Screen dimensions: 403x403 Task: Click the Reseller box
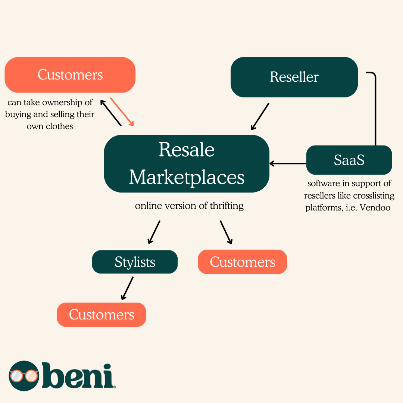(294, 77)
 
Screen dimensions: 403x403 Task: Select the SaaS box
(349, 160)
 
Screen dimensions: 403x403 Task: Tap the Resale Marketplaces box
(187, 163)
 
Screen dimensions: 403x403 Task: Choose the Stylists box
(135, 262)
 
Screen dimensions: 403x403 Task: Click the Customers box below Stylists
(101, 315)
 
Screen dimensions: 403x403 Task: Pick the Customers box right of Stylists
(243, 262)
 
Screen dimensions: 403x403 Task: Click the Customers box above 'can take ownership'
(70, 75)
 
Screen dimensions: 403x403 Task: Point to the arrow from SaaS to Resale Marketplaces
(288, 163)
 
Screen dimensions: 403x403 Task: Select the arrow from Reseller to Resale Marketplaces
(260, 116)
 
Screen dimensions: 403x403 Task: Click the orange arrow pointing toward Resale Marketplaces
(122, 112)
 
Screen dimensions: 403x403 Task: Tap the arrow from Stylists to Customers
(127, 288)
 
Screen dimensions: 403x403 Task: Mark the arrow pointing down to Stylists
(154, 232)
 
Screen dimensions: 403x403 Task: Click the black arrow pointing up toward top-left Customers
(111, 113)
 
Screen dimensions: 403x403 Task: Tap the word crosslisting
(370, 196)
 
